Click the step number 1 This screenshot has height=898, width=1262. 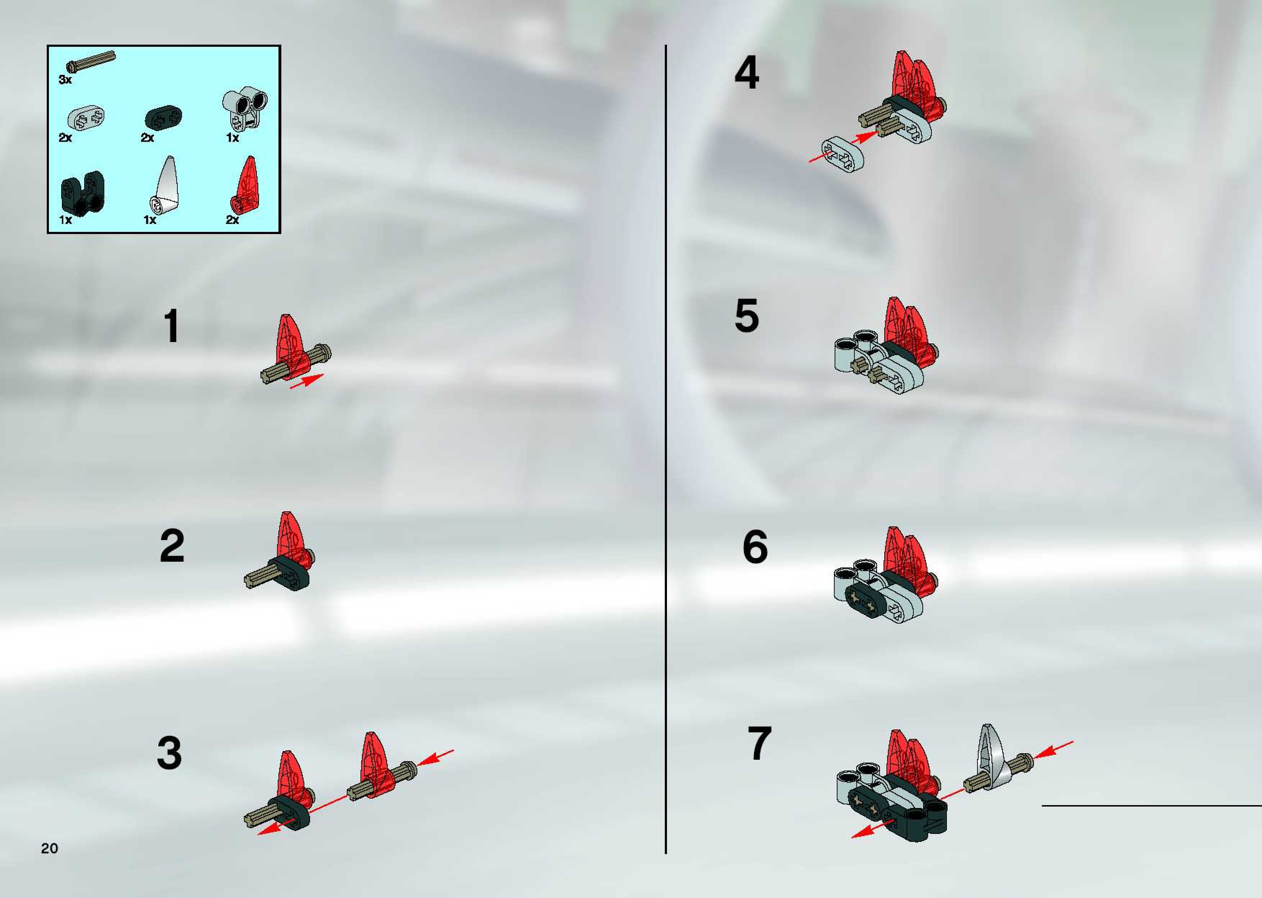tap(172, 326)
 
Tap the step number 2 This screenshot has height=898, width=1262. tap(172, 546)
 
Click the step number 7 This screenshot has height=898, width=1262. tap(760, 743)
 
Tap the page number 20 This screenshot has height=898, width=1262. tap(49, 848)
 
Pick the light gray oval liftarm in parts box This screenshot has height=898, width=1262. tap(87, 118)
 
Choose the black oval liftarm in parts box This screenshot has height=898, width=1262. tap(164, 118)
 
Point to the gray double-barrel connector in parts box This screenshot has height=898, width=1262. tap(245, 108)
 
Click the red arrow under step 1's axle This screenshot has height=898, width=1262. tap(307, 381)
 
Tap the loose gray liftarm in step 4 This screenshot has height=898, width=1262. tap(843, 154)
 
